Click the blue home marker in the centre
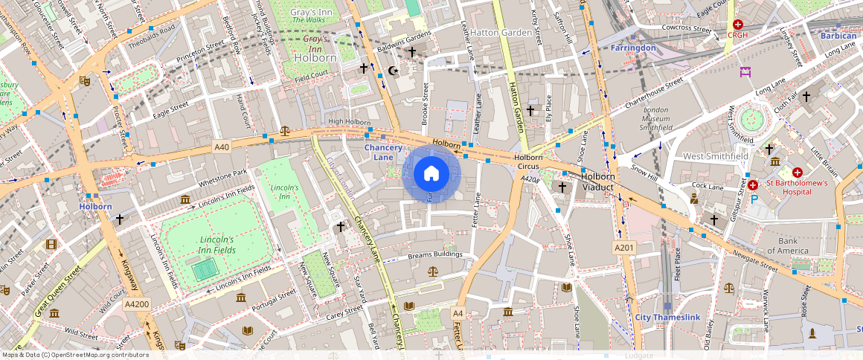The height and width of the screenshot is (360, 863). [431, 174]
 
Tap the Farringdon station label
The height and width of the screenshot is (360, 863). [633, 48]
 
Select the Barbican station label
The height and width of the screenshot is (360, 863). [838, 35]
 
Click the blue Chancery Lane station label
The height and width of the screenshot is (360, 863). [388, 152]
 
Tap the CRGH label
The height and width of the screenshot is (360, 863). [737, 35]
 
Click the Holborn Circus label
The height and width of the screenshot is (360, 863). [528, 162]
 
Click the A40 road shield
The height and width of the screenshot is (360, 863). [221, 147]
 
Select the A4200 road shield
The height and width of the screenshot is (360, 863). [137, 304]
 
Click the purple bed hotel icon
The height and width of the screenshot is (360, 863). [745, 72]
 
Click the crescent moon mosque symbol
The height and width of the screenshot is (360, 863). [393, 71]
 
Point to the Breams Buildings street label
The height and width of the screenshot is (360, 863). [435, 255]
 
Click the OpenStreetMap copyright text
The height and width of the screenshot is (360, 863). [75, 355]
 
